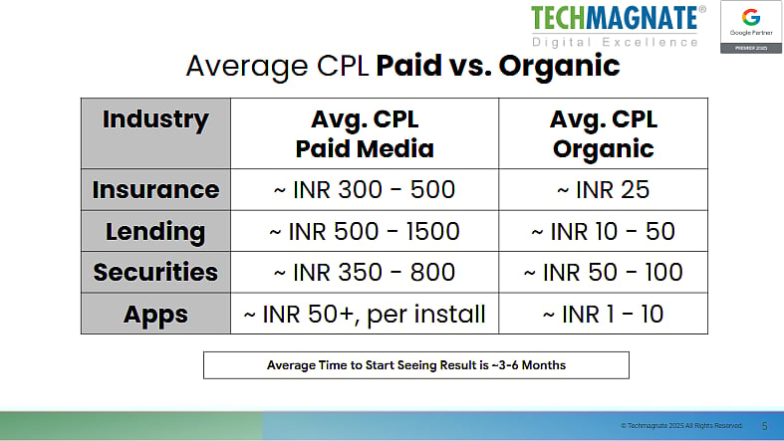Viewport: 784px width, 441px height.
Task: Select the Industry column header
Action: coord(155,121)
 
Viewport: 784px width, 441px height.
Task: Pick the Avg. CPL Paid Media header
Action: coord(365,134)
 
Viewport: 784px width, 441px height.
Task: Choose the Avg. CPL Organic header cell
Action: coord(602,134)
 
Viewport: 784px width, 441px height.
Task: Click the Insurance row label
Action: coord(155,189)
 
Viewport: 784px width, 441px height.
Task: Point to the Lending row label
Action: coord(155,232)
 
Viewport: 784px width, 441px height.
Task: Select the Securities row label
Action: coord(155,272)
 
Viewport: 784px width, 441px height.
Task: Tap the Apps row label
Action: coord(155,314)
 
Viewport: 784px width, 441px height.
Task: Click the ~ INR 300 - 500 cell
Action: coord(365,189)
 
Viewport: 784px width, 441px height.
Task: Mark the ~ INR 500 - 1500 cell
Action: coord(365,232)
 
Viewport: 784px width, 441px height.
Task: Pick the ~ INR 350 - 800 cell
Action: coord(365,272)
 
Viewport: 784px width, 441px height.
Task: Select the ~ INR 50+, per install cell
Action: coord(365,314)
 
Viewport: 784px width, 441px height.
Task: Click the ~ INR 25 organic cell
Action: coord(602,189)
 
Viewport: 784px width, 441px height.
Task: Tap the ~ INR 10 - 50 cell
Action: coord(602,232)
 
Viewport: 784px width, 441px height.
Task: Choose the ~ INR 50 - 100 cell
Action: coord(602,272)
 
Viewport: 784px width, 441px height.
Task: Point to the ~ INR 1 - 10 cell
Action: coord(602,314)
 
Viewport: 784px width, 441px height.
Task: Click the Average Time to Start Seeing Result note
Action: coord(416,365)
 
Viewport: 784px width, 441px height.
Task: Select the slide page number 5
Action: coord(764,425)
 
